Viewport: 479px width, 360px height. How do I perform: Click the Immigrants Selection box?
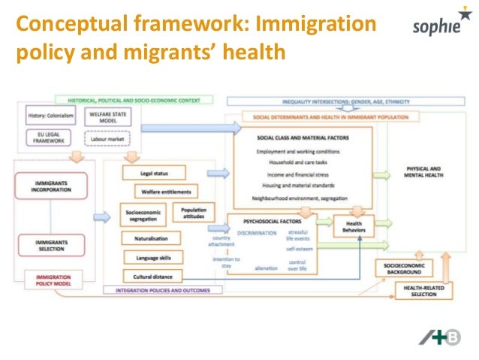[x=51, y=245]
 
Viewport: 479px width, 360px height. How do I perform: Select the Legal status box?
[x=152, y=174]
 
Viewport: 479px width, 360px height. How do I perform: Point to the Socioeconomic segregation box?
[x=142, y=216]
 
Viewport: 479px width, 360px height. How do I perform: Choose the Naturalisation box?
[x=152, y=238]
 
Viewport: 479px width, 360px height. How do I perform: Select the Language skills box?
[x=152, y=257]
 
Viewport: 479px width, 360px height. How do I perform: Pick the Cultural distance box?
[x=152, y=276]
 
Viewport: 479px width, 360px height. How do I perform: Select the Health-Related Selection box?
[x=423, y=291]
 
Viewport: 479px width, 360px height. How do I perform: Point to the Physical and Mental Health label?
[x=424, y=172]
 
